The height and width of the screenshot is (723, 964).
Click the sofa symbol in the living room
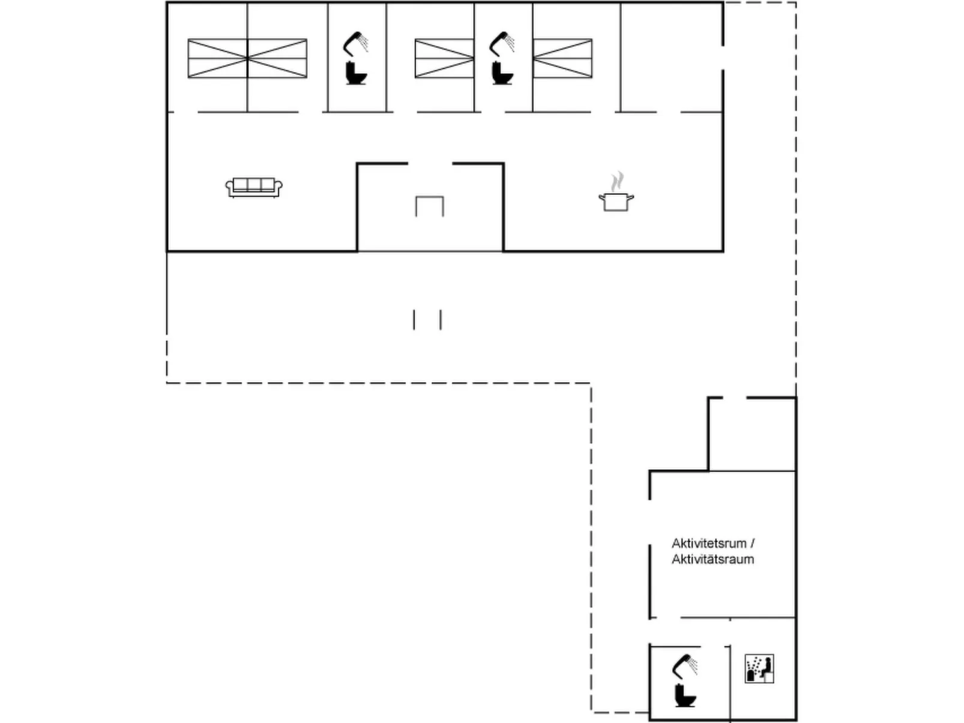(x=254, y=187)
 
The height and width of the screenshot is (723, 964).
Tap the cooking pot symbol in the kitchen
(x=616, y=201)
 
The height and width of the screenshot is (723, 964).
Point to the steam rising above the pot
(x=616, y=180)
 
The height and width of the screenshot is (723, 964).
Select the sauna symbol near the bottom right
(x=759, y=669)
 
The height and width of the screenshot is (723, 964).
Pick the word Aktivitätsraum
(x=712, y=559)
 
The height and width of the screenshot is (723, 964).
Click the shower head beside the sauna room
(x=685, y=665)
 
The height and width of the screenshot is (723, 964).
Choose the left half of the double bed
(x=217, y=58)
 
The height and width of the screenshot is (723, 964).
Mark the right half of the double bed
(x=277, y=58)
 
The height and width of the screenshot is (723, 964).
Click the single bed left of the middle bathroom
(x=444, y=58)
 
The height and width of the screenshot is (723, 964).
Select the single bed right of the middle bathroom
(x=562, y=58)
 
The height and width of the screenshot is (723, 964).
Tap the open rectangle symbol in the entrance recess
(x=430, y=206)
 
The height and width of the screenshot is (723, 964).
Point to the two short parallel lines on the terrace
(x=427, y=320)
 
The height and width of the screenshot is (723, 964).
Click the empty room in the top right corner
(x=671, y=58)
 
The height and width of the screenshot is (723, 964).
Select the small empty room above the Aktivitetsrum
(x=752, y=434)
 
